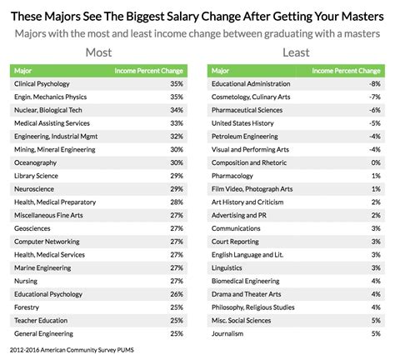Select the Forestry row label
point(28,307)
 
